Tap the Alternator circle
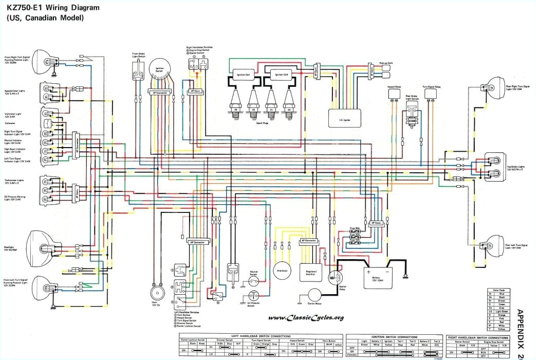point(282,270)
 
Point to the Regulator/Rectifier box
point(312,270)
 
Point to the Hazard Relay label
point(394,88)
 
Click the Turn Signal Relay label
point(431,87)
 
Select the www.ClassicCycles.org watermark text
point(306,317)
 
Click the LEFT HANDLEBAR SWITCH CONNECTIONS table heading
point(260,334)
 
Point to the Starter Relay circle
point(336,278)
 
